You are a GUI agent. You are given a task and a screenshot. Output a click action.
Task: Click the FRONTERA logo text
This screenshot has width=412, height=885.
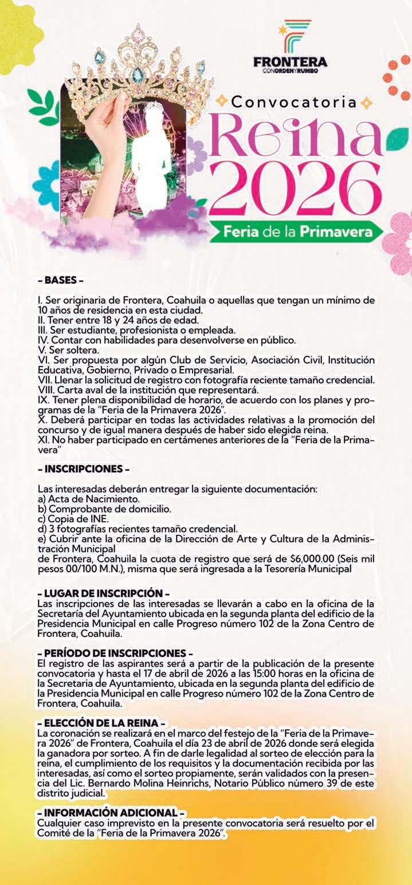[290, 62]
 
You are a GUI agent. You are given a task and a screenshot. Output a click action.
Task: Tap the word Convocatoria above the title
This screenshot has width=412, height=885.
[294, 103]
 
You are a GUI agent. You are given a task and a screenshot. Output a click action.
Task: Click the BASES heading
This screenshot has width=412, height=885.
[60, 281]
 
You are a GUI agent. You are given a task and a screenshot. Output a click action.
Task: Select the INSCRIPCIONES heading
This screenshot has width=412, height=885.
[83, 469]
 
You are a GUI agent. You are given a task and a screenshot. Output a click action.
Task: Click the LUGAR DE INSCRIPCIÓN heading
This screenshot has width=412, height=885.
[103, 594]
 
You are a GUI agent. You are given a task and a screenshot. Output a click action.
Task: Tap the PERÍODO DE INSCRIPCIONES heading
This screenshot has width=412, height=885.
[115, 654]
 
